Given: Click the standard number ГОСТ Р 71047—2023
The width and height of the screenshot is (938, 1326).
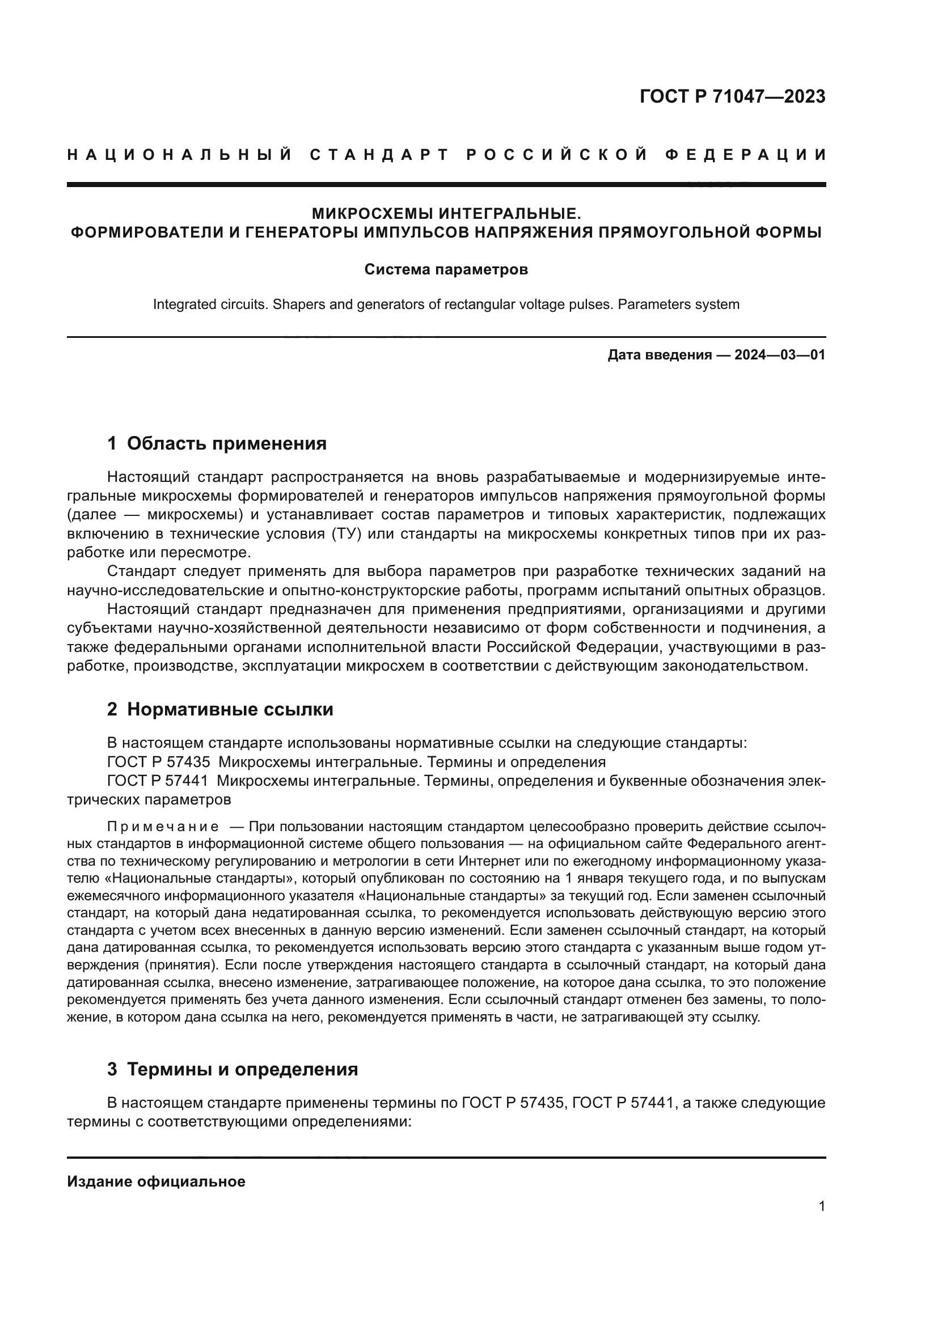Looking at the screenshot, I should point(732,96).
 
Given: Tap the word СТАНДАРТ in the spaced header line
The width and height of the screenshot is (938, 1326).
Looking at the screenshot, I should point(379,155).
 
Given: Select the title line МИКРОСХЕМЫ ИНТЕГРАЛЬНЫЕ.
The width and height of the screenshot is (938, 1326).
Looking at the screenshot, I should point(446,214).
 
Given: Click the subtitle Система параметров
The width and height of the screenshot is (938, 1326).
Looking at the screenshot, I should point(446,270).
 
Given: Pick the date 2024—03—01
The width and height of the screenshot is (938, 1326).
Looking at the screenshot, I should point(779,354).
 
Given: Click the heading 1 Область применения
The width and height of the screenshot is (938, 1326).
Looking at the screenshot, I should point(217,443).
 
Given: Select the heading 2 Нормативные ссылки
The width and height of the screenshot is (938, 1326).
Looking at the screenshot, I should point(220,709).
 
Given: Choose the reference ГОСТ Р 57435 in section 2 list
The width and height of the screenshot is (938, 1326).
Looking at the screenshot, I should point(159,762).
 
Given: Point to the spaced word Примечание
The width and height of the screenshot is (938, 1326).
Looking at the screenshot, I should point(163,827).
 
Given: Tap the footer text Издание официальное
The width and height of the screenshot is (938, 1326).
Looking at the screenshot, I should point(156,1181).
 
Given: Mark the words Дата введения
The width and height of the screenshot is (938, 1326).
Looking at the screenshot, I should point(659,354).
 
